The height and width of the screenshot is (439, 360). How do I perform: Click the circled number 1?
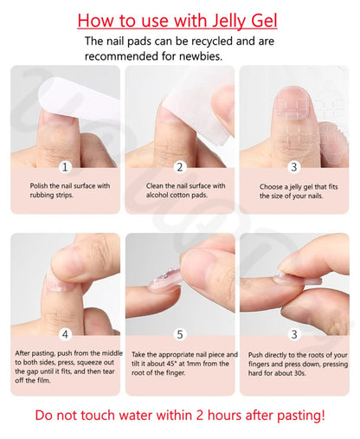tap(65, 166)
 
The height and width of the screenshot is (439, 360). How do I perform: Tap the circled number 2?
tap(180, 166)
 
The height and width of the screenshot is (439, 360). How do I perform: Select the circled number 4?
tap(65, 333)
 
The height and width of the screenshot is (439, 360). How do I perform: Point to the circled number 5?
tap(180, 333)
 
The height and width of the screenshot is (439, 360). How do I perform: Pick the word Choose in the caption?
tap(274, 185)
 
